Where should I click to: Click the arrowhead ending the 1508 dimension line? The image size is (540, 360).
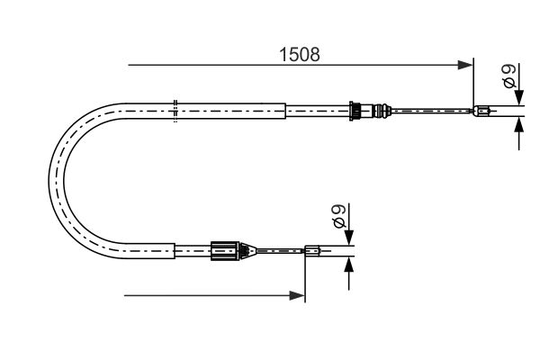(466, 65)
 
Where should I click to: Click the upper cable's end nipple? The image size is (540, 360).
(482, 112)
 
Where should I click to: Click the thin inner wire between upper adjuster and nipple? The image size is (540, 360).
(432, 112)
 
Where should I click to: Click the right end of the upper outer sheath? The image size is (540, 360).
(285, 112)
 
